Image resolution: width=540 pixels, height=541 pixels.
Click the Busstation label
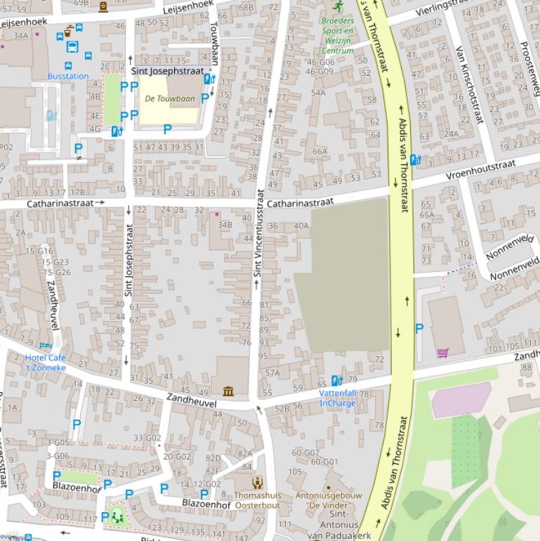pyautogui.click(x=68, y=76)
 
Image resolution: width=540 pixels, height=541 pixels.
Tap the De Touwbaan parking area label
pyautogui.click(x=170, y=99)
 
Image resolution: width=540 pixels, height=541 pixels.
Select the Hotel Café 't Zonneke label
pyautogui.click(x=46, y=363)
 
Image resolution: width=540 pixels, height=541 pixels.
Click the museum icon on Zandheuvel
pyautogui.click(x=228, y=391)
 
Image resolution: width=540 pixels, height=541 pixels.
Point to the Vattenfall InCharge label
pyautogui.click(x=338, y=398)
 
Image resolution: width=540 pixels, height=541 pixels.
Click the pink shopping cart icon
pyautogui.click(x=442, y=353)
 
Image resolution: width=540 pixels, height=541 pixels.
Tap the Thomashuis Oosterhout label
pyautogui.click(x=257, y=500)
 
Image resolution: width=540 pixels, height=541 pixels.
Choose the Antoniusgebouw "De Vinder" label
pyautogui.click(x=329, y=500)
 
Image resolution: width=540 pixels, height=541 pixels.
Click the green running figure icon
pyautogui.click(x=338, y=6)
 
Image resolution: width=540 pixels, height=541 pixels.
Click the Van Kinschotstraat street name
pyautogui.click(x=470, y=84)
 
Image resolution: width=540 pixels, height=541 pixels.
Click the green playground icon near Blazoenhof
pyautogui.click(x=117, y=516)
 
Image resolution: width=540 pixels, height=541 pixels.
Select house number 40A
pyautogui.click(x=301, y=226)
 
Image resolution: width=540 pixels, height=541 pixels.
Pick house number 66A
pyautogui.click(x=320, y=151)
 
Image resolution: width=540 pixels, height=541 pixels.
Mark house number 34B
pyautogui.click(x=224, y=225)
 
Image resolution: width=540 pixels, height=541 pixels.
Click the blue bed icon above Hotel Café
pyautogui.click(x=46, y=345)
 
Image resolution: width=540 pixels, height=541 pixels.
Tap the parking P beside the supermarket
pyautogui.click(x=419, y=328)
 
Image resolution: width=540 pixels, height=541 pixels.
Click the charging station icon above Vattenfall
pyautogui.click(x=336, y=381)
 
